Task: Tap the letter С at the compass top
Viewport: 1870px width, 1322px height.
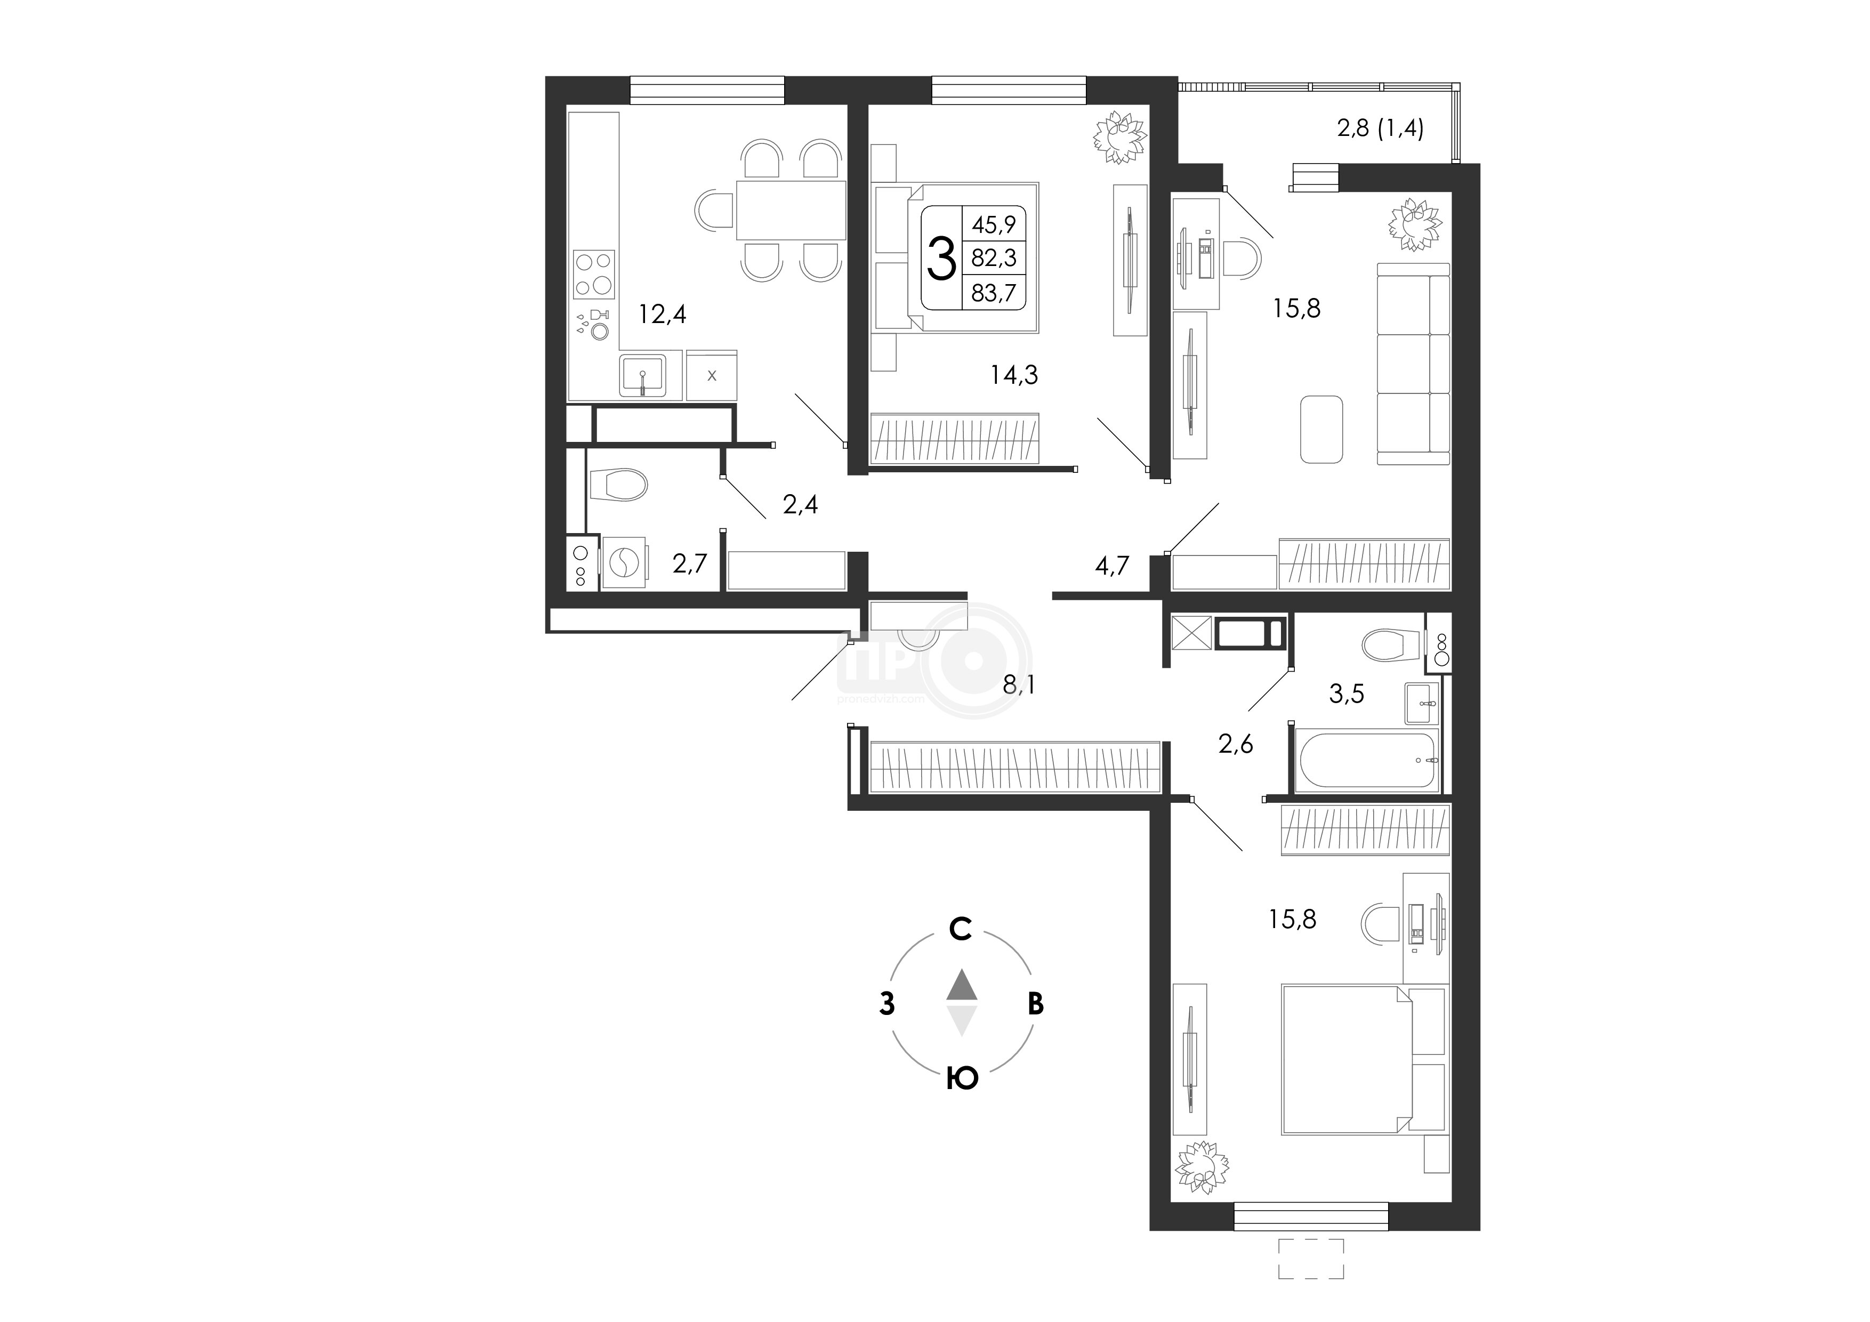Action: pyautogui.click(x=961, y=929)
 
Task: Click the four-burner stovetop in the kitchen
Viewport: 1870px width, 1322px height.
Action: pyautogui.click(x=594, y=275)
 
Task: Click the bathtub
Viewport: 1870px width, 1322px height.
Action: pyautogui.click(x=1367, y=760)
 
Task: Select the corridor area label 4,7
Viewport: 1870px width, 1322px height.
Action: pyautogui.click(x=1112, y=565)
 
